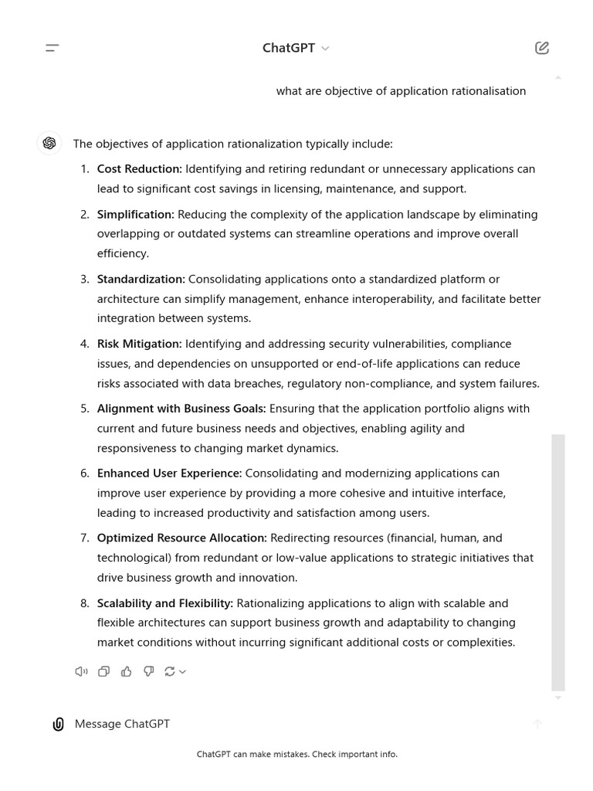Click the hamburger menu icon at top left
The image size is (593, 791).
tap(53, 48)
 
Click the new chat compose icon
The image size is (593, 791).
tap(542, 48)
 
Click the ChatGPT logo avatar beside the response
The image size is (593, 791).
tap(49, 143)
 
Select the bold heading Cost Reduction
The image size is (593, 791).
tap(139, 169)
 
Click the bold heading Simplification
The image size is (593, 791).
tap(135, 215)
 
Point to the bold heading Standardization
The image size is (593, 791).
tap(141, 280)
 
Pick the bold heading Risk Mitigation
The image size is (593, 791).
tap(139, 344)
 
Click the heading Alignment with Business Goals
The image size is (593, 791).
tap(181, 409)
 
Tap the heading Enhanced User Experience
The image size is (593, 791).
tap(169, 474)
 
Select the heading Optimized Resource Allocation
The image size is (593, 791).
tap(181, 538)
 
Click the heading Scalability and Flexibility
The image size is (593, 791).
tap(164, 603)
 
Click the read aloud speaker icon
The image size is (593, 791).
tap(81, 671)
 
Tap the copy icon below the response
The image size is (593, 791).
tap(103, 671)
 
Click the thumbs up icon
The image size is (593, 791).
tap(126, 671)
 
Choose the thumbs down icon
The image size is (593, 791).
tap(148, 671)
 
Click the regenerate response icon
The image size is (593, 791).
tap(171, 671)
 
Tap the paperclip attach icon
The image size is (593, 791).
tap(58, 724)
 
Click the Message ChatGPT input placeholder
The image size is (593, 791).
tap(122, 724)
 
